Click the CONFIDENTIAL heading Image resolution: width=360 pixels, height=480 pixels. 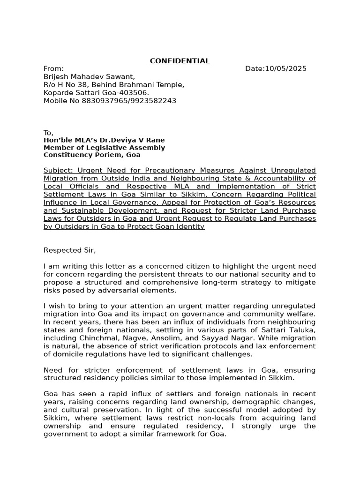tap(180, 61)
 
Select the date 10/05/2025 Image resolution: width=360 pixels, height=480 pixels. tap(285, 69)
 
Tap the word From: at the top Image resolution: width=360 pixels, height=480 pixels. tap(53, 69)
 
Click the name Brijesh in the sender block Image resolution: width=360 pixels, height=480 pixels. tap(56, 77)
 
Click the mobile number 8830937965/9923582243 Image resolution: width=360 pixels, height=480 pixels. tap(129, 101)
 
